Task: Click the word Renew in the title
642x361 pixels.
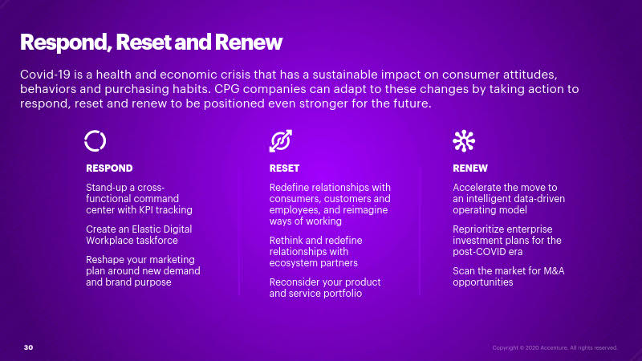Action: coord(249,43)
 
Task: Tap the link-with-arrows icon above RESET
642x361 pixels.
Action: coord(281,141)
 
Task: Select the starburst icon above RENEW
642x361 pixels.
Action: coord(464,141)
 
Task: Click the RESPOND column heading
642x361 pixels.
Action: coord(109,168)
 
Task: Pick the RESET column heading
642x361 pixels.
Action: coord(285,168)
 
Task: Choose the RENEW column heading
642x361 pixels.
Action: coord(470,168)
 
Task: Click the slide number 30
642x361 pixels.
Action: coord(28,347)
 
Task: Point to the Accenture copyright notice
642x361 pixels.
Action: coord(555,348)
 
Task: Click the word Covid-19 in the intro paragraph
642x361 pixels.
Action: coord(46,75)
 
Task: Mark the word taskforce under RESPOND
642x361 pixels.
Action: coord(156,240)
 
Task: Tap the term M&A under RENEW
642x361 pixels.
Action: coord(554,271)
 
